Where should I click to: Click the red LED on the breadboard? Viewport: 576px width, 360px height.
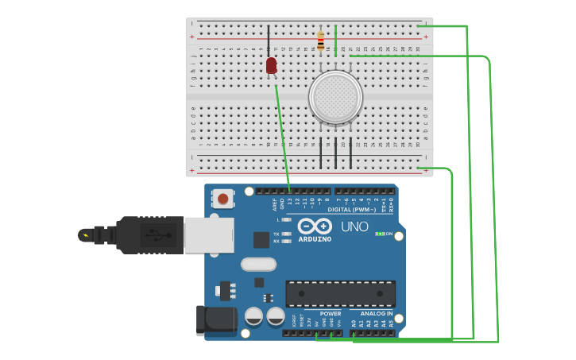pyautogui.click(x=272, y=65)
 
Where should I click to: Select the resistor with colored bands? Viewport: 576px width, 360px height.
pyautogui.click(x=320, y=41)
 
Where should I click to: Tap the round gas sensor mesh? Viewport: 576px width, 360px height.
pyautogui.click(x=335, y=97)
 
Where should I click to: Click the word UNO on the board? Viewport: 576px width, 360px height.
pyautogui.click(x=354, y=226)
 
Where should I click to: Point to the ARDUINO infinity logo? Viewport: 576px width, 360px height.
pyautogui.click(x=315, y=226)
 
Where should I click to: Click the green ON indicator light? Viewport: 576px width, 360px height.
pyautogui.click(x=380, y=234)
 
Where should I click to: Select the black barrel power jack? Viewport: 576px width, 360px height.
pyautogui.click(x=216, y=319)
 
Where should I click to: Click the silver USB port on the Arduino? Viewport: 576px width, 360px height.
pyautogui.click(x=208, y=235)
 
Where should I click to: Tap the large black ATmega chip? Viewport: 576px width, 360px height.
pyautogui.click(x=340, y=293)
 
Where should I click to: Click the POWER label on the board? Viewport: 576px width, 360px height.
pyautogui.click(x=331, y=313)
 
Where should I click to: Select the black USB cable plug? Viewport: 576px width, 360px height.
pyautogui.click(x=151, y=234)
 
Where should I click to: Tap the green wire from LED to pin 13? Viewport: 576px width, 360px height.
pyautogui.click(x=282, y=131)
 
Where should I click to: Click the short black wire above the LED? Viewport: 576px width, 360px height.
pyautogui.click(x=269, y=41)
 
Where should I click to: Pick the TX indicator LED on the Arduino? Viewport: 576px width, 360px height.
pyautogui.click(x=286, y=234)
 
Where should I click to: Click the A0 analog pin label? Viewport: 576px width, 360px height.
pyautogui.click(x=354, y=323)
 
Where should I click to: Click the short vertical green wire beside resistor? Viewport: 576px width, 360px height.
pyautogui.click(x=335, y=40)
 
